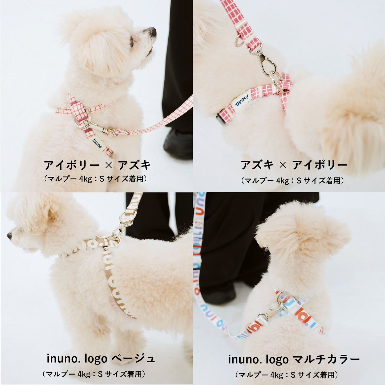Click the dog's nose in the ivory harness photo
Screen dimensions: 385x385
152,31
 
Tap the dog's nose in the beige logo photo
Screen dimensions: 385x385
9,235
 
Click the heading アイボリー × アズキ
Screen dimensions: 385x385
97,165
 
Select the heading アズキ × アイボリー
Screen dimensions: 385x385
294,165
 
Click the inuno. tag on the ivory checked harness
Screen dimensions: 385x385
97,143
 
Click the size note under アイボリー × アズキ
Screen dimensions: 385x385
95,179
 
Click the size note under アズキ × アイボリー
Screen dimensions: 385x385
293,181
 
